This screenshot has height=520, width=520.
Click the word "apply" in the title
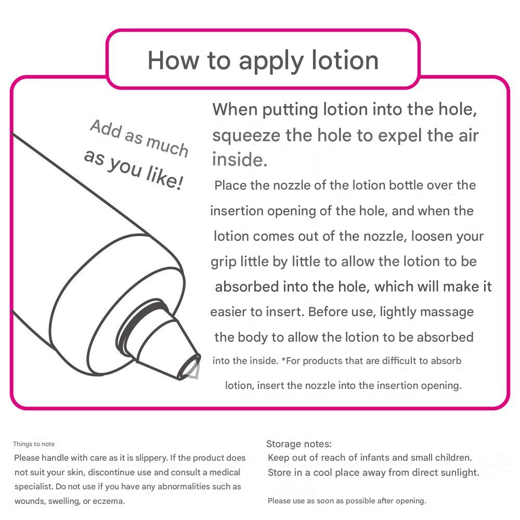pyautogui.click(x=271, y=62)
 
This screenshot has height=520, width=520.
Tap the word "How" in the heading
pyautogui.click(x=173, y=60)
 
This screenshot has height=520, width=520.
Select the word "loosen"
pyautogui.click(x=432, y=236)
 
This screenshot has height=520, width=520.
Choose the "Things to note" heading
pyautogui.click(x=34, y=444)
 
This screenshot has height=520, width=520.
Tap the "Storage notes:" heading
pyautogui.click(x=299, y=444)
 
